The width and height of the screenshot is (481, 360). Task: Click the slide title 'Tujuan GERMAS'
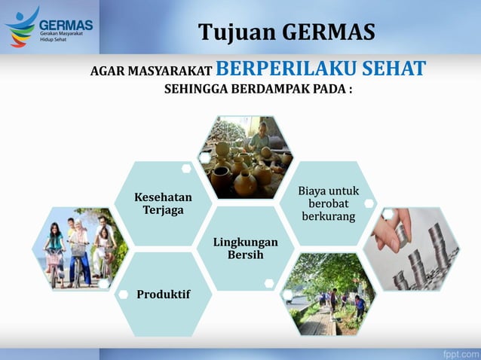[x=286, y=32]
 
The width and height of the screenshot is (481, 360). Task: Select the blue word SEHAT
[x=391, y=69]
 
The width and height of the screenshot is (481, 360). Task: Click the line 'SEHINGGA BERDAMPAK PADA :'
[x=258, y=90]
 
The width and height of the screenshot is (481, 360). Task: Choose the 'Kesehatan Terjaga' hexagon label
[x=163, y=203]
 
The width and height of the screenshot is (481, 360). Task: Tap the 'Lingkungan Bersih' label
[x=245, y=249]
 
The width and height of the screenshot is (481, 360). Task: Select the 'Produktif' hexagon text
[x=163, y=293]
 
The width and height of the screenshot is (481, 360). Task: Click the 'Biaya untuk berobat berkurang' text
[x=323, y=203]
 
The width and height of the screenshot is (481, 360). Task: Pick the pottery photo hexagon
[x=244, y=158]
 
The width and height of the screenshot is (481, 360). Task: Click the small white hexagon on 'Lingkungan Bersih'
[x=269, y=283]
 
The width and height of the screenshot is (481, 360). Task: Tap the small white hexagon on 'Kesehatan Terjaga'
[x=186, y=169]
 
